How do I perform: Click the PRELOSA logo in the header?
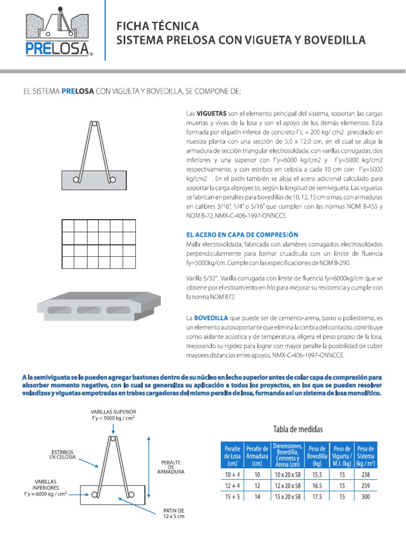pyautogui.click(x=59, y=34)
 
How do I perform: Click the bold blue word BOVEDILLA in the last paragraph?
pyautogui.click(x=210, y=318)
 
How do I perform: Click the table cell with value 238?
pyautogui.click(x=365, y=475)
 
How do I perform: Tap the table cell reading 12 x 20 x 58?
pyautogui.click(x=288, y=486)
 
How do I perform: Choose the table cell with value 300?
pyautogui.click(x=365, y=497)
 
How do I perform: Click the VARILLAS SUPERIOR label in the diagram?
pyautogui.click(x=113, y=415)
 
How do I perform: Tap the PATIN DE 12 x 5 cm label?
pyautogui.click(x=173, y=514)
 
